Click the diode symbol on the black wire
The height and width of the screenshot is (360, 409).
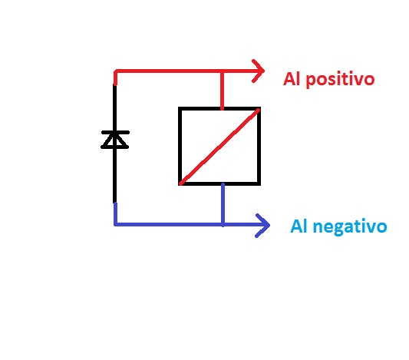[x=115, y=140]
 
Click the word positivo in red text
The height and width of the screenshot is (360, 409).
[x=340, y=80]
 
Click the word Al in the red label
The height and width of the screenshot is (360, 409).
[x=292, y=79]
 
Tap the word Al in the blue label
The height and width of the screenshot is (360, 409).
[x=299, y=226]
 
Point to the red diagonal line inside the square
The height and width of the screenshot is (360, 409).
[x=219, y=147]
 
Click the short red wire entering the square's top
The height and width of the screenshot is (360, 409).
[x=222, y=90]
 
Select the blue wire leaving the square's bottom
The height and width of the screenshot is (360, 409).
[x=223, y=205]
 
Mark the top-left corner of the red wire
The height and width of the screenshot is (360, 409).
[x=115, y=71]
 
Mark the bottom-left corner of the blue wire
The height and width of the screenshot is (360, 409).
[x=115, y=224]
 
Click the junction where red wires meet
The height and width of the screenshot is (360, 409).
[x=222, y=71]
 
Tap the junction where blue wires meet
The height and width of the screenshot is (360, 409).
[x=223, y=224]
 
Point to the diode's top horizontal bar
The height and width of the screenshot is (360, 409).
[x=115, y=132]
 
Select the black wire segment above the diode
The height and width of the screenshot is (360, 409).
[x=115, y=107]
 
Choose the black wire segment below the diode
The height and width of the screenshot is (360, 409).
[x=115, y=176]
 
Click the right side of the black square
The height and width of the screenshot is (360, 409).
[x=259, y=146]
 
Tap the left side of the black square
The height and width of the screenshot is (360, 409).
[x=180, y=146]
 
